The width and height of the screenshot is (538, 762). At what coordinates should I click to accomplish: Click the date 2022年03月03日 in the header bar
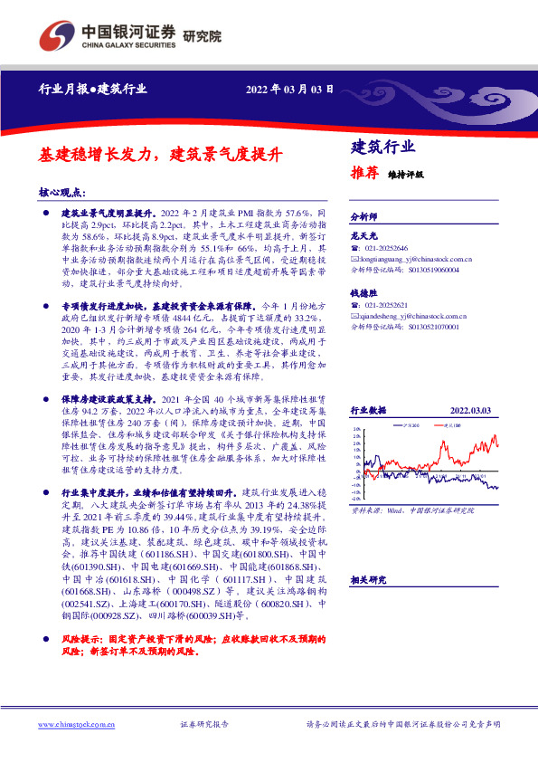(290, 90)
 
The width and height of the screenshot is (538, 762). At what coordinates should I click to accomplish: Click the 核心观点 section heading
(62, 192)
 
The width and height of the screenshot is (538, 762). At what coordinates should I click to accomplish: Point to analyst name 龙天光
(363, 235)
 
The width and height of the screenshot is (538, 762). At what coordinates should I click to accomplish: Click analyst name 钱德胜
(363, 292)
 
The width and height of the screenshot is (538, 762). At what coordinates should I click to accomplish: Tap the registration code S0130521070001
(428, 326)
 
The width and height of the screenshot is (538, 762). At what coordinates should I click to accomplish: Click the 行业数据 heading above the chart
(369, 411)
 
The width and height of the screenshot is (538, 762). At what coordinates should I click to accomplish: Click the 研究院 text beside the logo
(203, 37)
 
